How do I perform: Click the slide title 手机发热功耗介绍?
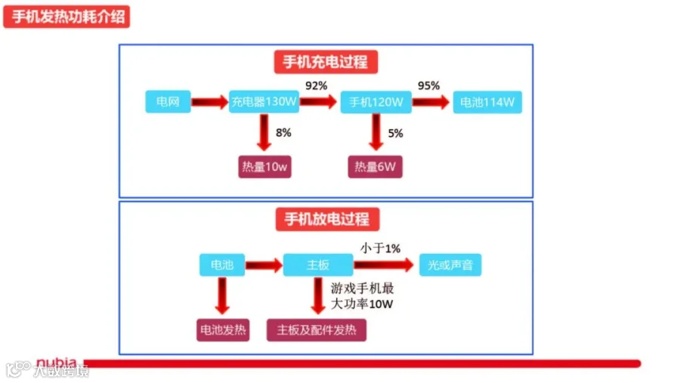point(66,17)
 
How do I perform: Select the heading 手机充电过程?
point(326,62)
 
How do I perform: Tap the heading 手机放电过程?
point(327,219)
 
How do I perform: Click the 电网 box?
point(168,101)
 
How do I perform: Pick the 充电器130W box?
point(264,101)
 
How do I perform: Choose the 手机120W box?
point(376,102)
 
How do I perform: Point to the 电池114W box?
point(487,102)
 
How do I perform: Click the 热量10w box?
point(264,166)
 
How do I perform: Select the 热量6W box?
point(375,166)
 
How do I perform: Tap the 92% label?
point(316,85)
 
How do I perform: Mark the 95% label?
point(428,85)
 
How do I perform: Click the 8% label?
point(283,133)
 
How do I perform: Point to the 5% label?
point(395,133)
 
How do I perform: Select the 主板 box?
point(318,264)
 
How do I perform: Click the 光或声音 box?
point(450,264)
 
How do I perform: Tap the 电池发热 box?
point(223,330)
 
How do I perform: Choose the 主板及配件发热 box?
point(317,330)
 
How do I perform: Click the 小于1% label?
point(380,248)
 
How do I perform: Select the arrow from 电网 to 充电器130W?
point(210,102)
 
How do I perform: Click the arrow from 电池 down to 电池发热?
point(222,296)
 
